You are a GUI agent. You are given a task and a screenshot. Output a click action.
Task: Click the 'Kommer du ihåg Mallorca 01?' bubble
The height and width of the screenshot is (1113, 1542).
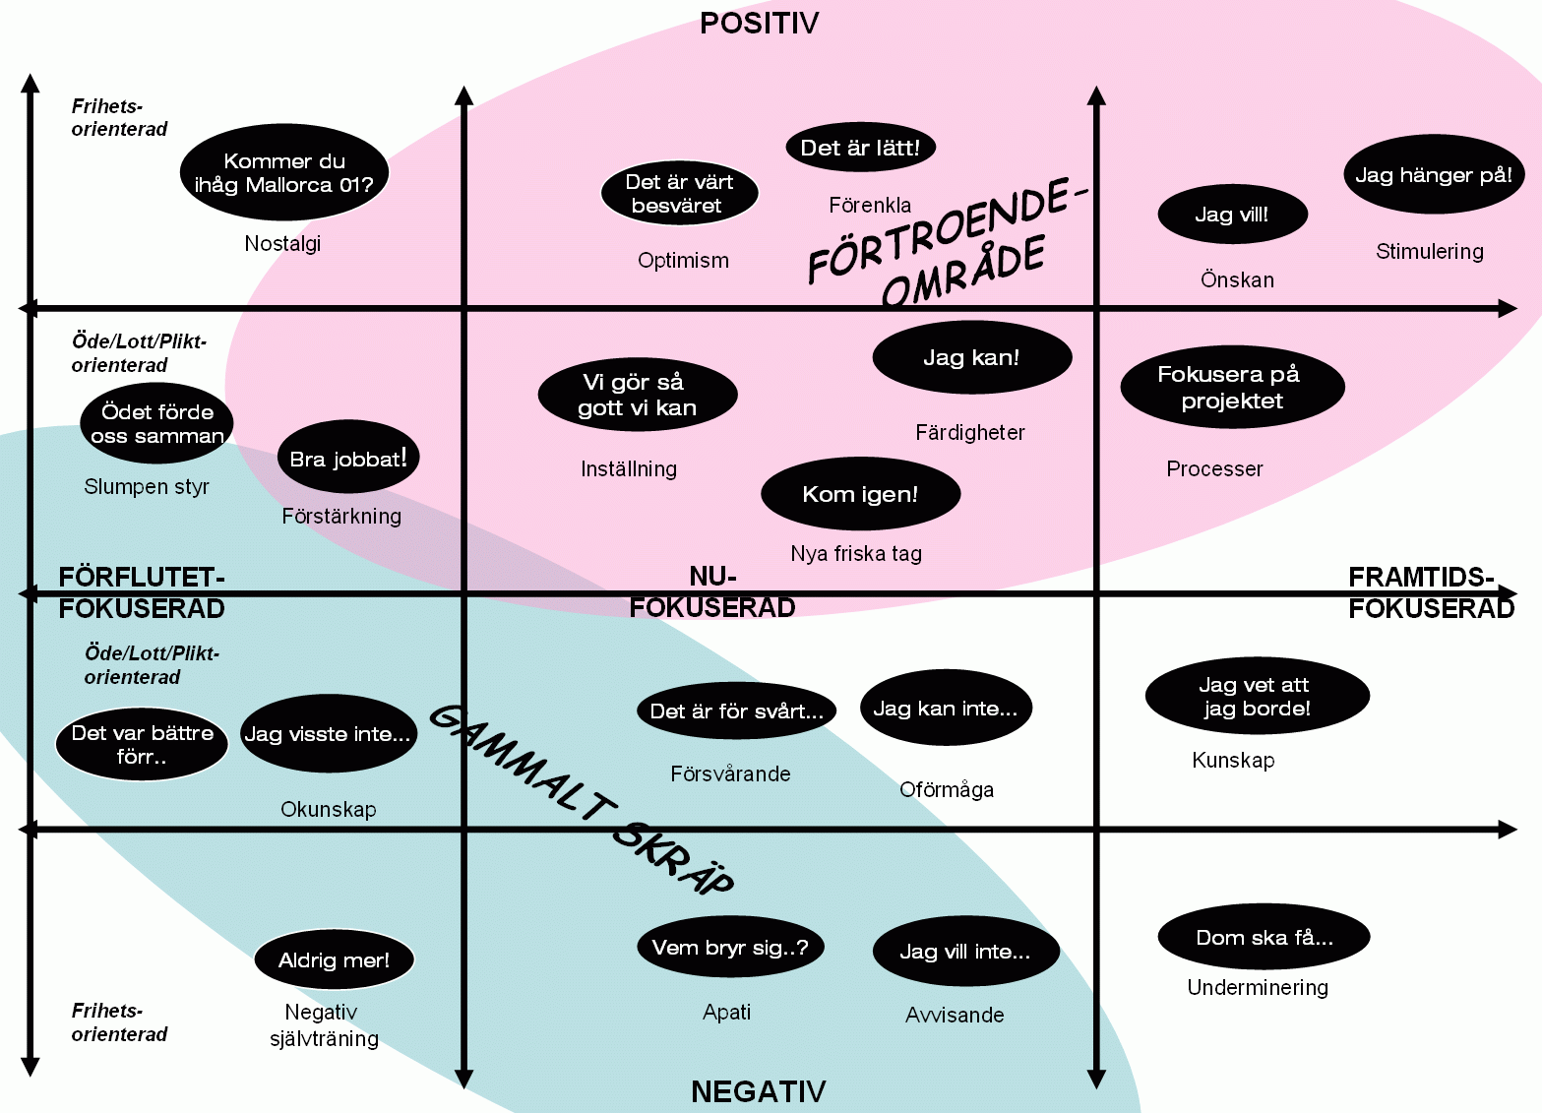pyautogui.click(x=284, y=173)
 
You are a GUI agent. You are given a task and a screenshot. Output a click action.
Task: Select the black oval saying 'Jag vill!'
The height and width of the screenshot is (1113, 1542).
pyautogui.click(x=1232, y=215)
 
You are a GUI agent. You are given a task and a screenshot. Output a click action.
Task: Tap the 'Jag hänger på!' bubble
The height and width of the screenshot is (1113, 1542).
pyautogui.click(x=1433, y=175)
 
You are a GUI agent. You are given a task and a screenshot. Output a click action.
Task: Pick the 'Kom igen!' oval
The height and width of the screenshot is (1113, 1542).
pyautogui.click(x=860, y=494)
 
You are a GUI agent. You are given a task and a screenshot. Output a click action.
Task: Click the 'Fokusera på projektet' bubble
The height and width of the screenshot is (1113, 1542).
pyautogui.click(x=1231, y=387)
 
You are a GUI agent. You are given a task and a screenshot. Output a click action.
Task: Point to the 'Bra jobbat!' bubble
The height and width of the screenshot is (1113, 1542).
pyautogui.click(x=348, y=458)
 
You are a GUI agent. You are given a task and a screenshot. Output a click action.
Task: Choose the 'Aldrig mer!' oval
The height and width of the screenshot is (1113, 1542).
pyautogui.click(x=334, y=959)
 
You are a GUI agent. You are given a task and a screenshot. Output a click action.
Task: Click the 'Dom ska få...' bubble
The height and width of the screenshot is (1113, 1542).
pyautogui.click(x=1264, y=938)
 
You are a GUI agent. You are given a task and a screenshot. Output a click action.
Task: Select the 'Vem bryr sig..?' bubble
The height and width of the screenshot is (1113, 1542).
pyautogui.click(x=730, y=948)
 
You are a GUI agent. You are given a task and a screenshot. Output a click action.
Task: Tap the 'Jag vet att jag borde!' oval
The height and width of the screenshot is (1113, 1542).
pyautogui.click(x=1256, y=697)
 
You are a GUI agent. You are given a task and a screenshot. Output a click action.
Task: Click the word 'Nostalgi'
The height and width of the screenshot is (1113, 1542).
pyautogui.click(x=282, y=244)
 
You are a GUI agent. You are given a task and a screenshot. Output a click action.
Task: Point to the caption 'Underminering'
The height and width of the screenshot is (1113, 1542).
pyautogui.click(x=1258, y=988)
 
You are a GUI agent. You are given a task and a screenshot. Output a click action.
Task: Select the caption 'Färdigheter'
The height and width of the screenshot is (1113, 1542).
pyautogui.click(x=969, y=433)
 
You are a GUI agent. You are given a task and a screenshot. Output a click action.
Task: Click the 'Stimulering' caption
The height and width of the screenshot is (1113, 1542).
pyautogui.click(x=1429, y=252)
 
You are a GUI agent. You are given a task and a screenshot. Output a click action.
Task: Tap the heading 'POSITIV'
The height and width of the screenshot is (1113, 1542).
pyautogui.click(x=759, y=24)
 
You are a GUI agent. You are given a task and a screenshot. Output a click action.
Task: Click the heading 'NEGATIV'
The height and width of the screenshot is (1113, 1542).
pyautogui.click(x=758, y=1091)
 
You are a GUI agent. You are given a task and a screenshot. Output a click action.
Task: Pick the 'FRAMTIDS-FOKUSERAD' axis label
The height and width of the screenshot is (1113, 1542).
pyautogui.click(x=1430, y=592)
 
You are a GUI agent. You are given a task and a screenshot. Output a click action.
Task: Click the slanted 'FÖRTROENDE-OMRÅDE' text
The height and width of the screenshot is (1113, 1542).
pyautogui.click(x=945, y=241)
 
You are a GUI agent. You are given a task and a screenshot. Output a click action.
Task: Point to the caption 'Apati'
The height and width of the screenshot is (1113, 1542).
pyautogui.click(x=726, y=1013)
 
